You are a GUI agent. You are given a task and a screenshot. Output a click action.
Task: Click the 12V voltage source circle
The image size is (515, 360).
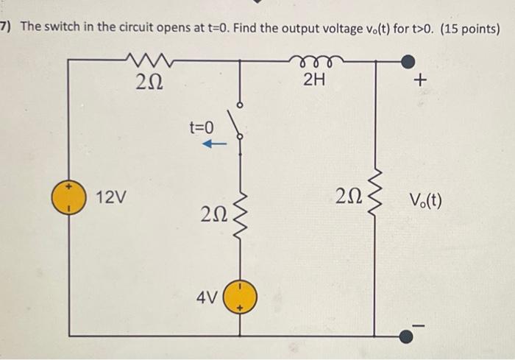pyautogui.click(x=68, y=198)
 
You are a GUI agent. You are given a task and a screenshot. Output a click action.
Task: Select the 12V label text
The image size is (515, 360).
pyautogui.click(x=110, y=197)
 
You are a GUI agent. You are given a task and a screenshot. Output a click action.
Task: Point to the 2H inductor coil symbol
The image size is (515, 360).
pyautogui.click(x=314, y=60)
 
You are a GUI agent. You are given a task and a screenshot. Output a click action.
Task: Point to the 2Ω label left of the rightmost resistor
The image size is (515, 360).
pyautogui.click(x=347, y=197)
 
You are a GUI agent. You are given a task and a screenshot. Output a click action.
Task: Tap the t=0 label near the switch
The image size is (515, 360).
pyautogui.click(x=201, y=127)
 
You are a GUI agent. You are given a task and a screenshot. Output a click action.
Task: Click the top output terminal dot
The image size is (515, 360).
pyautogui.click(x=416, y=60)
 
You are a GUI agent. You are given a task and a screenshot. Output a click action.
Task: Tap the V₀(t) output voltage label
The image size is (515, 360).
pyautogui.click(x=425, y=199)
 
